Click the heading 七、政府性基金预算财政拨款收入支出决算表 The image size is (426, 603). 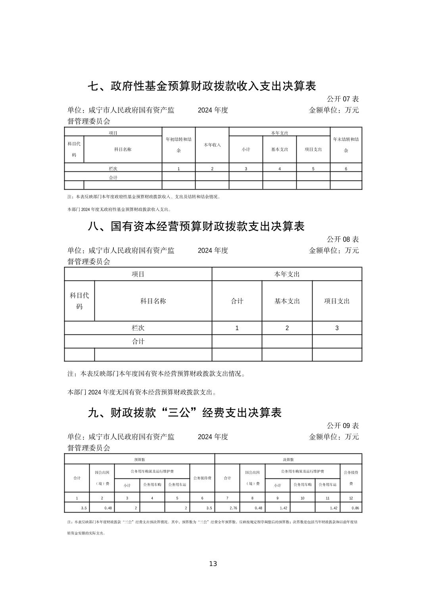201,86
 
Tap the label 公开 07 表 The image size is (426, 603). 343,99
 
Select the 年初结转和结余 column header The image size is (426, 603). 178,145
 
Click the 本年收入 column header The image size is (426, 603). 212,145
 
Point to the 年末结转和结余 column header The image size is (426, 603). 346,145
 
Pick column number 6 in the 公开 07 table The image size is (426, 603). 346,169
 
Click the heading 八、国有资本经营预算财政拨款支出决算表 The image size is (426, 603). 196,226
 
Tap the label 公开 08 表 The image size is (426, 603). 343,239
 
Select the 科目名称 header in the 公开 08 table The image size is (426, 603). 153,301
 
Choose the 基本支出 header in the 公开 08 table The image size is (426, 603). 287,301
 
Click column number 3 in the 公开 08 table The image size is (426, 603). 337,328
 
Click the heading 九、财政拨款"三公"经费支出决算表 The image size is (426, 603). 184,413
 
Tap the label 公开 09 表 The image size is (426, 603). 343,426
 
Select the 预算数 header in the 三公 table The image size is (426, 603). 140,459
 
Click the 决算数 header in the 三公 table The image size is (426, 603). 288,459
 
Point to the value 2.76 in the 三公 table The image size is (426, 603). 233,508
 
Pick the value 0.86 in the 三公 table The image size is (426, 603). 355,508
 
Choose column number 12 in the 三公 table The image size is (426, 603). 351,498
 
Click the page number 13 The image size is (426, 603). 213,564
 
